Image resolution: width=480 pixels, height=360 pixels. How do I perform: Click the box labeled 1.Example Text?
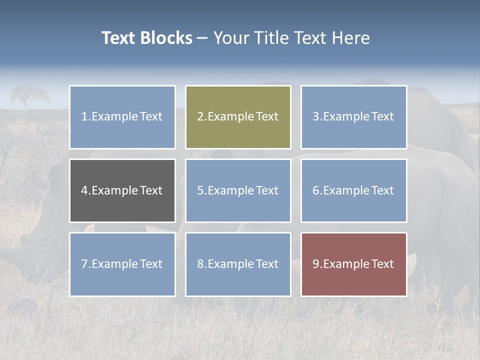(122, 117)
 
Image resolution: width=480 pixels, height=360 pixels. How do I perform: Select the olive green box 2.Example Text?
(238, 117)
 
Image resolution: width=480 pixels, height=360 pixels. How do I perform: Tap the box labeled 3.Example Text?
(353, 117)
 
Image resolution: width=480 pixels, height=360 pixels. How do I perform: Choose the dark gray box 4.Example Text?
(122, 190)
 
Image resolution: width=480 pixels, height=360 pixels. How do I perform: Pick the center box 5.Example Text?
(238, 190)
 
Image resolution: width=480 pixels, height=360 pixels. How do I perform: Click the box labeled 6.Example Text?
(353, 190)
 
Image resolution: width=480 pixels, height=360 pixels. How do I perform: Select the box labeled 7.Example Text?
(122, 264)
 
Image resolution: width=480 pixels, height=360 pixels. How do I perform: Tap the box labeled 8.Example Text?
(238, 264)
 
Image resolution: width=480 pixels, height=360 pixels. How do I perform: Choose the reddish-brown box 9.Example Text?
(353, 264)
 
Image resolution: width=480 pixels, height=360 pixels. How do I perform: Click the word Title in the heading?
(268, 38)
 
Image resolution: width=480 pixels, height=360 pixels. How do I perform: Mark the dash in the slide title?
(203, 38)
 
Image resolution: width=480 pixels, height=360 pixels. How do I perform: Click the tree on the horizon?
(30, 95)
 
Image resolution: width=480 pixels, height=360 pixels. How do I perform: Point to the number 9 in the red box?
(315, 264)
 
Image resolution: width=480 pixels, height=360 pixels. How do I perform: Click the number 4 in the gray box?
(84, 190)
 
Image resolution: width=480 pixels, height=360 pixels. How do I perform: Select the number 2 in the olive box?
(200, 117)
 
